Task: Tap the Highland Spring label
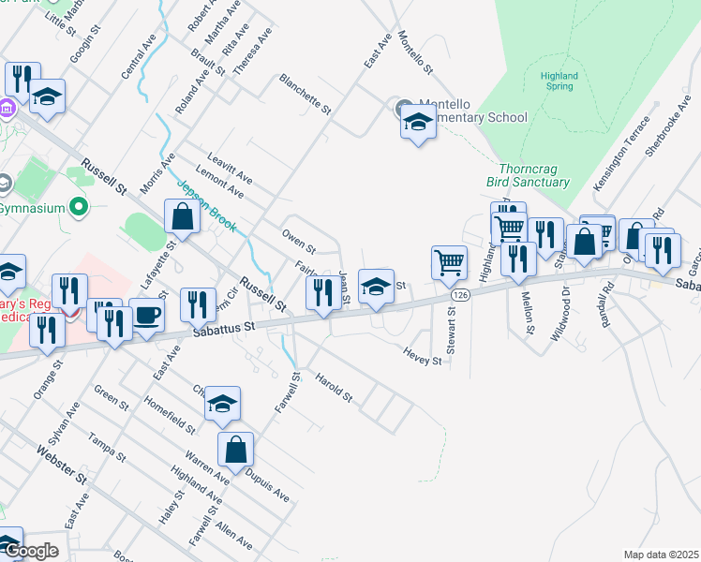(x=559, y=81)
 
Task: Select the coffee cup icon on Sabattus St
(x=146, y=316)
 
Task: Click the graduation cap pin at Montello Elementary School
(x=418, y=123)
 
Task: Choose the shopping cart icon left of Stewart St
(x=449, y=262)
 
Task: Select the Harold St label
(x=333, y=391)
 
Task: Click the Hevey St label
(x=422, y=355)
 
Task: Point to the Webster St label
(x=62, y=465)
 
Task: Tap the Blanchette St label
(x=306, y=95)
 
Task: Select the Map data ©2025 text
(x=661, y=555)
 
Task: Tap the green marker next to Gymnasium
(x=79, y=205)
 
